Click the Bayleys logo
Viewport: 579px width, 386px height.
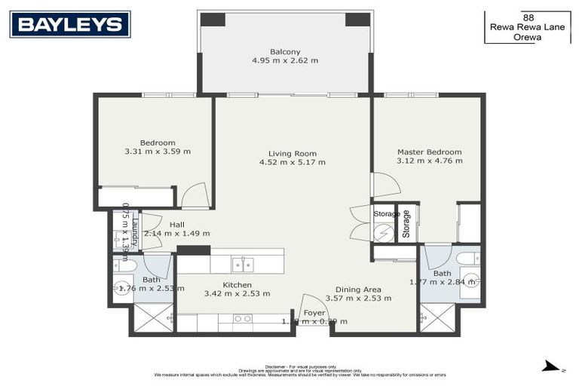70,24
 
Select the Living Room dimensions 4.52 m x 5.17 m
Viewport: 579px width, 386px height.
293,162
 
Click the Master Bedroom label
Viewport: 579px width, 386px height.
429,152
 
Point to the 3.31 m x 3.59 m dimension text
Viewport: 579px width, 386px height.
158,152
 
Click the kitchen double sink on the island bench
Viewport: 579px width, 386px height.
243,264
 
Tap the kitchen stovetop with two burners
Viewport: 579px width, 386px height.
243,319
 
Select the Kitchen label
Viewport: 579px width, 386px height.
237,285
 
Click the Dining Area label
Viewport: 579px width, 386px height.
358,289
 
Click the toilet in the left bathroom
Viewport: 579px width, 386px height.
125,265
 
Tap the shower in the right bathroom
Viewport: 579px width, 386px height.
437,317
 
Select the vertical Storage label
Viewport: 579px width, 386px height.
406,224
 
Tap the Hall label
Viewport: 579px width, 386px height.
176,224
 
